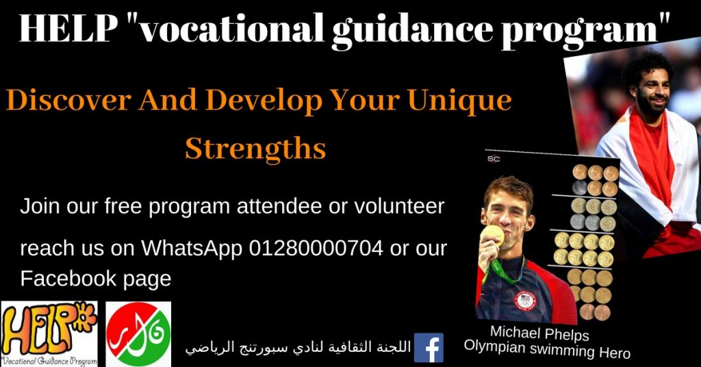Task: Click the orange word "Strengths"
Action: point(255,149)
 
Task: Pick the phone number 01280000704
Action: point(316,248)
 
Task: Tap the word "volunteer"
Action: point(399,206)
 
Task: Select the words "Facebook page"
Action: point(96,279)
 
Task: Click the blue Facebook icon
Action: point(429,347)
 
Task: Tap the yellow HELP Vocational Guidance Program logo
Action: point(49,333)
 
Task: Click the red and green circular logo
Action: point(138,334)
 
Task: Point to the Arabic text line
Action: point(298,347)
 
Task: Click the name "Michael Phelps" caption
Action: point(539,333)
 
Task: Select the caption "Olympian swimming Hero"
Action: point(547,349)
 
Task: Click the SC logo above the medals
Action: point(494,159)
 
